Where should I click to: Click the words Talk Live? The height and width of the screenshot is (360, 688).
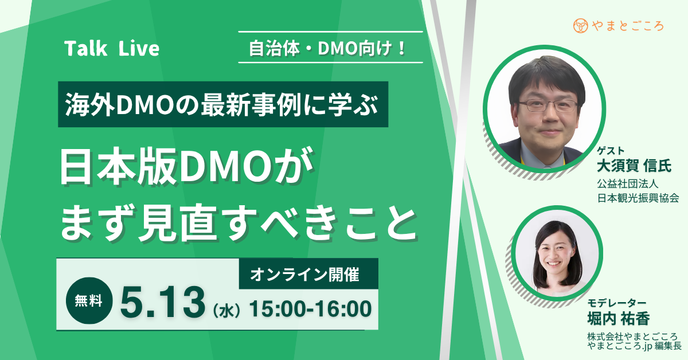[x=112, y=49]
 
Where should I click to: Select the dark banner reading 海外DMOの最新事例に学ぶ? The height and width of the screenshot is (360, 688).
[x=223, y=104]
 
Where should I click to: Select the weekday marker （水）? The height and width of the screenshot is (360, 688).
[x=228, y=311]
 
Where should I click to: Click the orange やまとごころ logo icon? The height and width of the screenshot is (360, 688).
[x=580, y=26]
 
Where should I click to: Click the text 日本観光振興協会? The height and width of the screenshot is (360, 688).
[x=638, y=198]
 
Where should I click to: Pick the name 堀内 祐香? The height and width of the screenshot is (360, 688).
[x=623, y=318]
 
